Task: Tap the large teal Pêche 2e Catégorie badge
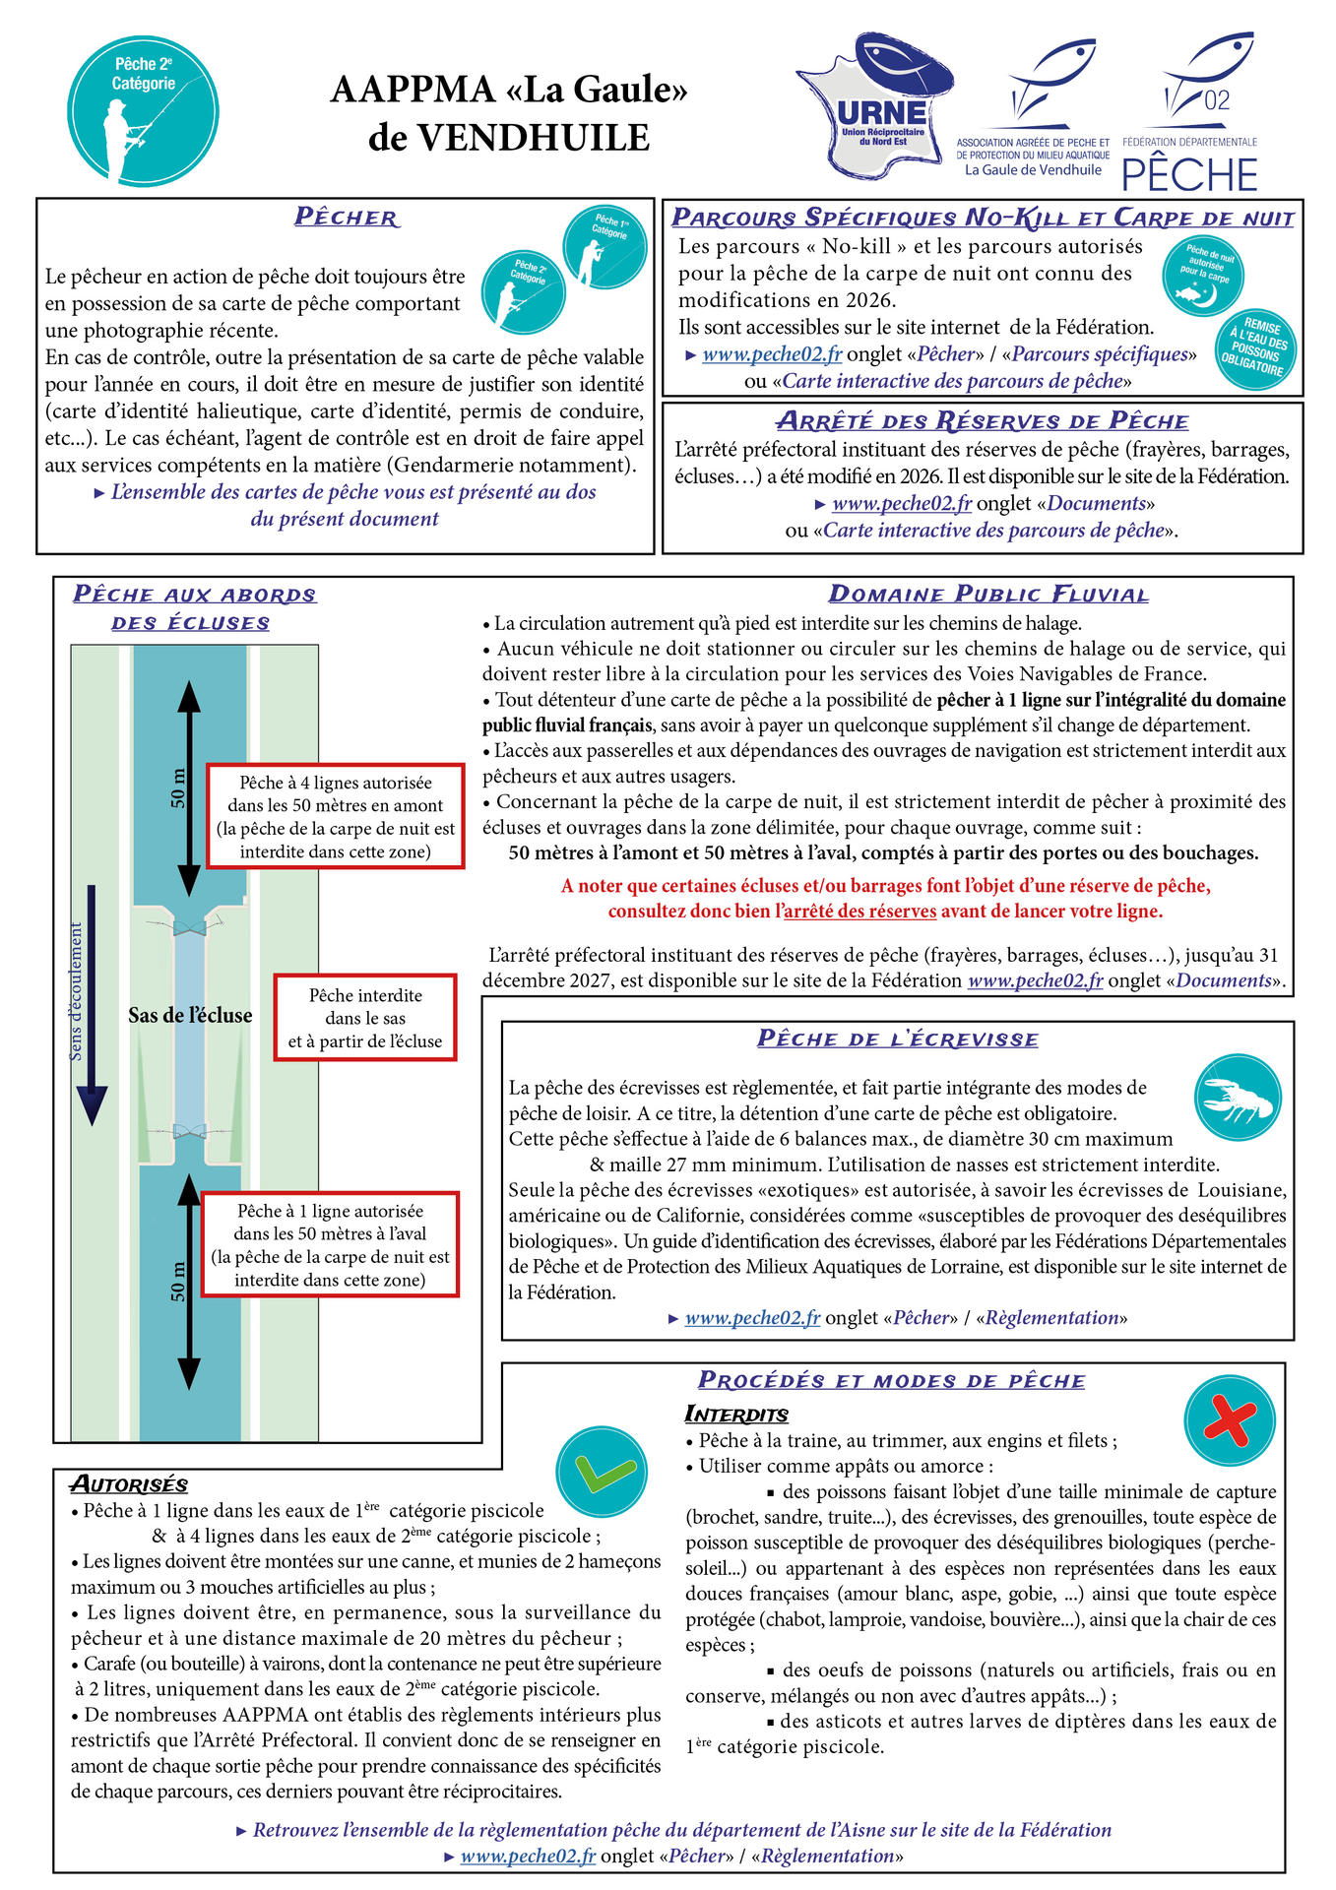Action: point(143,110)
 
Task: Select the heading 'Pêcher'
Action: point(347,217)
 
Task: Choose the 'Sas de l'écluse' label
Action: point(190,1015)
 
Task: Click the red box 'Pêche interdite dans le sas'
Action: point(365,1018)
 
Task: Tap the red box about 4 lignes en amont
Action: point(336,816)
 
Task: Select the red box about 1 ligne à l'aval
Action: point(330,1244)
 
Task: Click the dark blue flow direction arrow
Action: point(92,1004)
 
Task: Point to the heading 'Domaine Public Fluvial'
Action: point(988,594)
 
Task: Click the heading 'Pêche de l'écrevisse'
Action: point(897,1039)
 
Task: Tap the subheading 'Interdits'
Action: point(736,1415)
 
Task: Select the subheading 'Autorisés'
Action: point(129,1484)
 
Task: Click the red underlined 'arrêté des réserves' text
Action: point(859,911)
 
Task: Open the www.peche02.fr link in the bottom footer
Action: point(528,1856)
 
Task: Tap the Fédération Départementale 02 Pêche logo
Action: point(1190,113)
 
